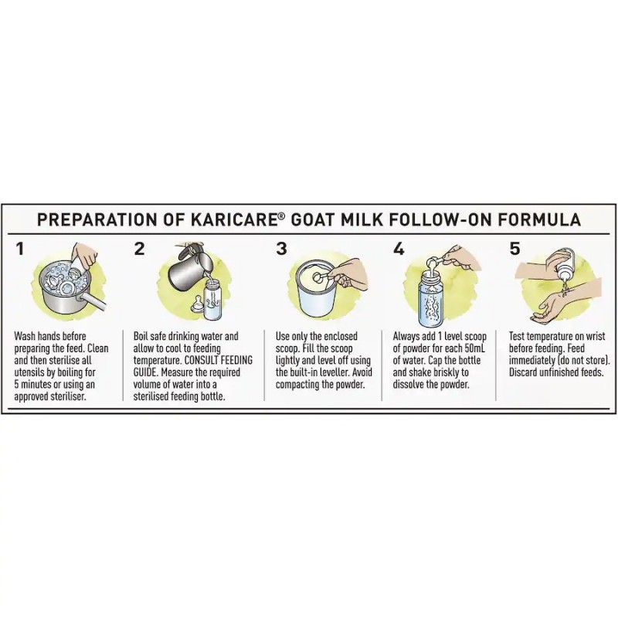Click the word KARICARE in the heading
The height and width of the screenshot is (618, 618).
(x=234, y=219)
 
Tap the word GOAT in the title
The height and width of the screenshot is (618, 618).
(x=313, y=219)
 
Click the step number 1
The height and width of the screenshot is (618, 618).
(x=20, y=249)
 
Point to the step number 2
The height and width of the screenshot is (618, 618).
(x=140, y=249)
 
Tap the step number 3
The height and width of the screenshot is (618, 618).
(x=281, y=249)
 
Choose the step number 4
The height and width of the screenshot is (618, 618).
(x=399, y=249)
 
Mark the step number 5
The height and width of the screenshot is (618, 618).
(x=514, y=249)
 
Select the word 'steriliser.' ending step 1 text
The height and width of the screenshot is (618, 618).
(x=67, y=396)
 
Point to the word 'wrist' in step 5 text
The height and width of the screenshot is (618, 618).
(x=594, y=336)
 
